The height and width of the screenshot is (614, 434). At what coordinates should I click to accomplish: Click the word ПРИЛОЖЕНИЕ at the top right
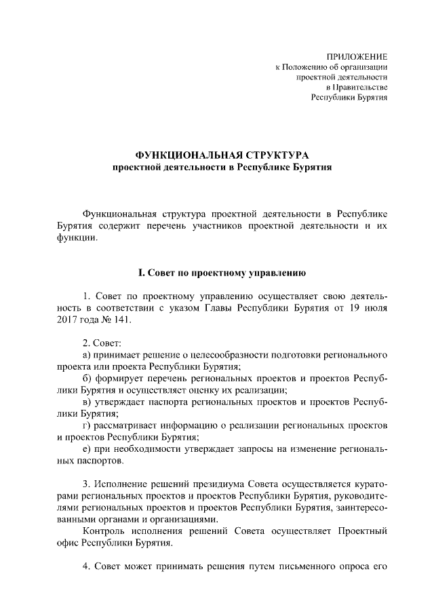pyautogui.click(x=357, y=56)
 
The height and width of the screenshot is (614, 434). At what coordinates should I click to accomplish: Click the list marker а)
pyautogui.click(x=87, y=355)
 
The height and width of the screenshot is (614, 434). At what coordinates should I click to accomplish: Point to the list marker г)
pyautogui.click(x=86, y=425)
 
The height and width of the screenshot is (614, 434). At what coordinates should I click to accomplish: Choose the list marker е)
pyautogui.click(x=86, y=449)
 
